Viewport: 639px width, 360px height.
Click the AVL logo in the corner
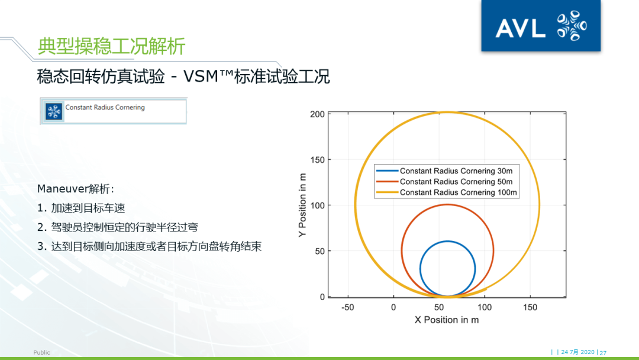pyautogui.click(x=541, y=26)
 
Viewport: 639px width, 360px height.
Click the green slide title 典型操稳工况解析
pyautogui.click(x=111, y=46)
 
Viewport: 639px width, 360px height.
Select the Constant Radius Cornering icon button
pyautogui.click(x=54, y=111)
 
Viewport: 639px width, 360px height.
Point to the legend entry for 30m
pyautogui.click(x=447, y=171)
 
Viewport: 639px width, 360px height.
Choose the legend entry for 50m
pyautogui.click(x=447, y=182)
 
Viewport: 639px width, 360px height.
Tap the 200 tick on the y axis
pyautogui.click(x=317, y=114)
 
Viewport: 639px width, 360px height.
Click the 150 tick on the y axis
pyautogui.click(x=317, y=160)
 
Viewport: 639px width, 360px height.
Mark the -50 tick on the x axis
pyautogui.click(x=347, y=307)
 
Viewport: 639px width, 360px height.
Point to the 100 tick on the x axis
pyautogui.click(x=485, y=307)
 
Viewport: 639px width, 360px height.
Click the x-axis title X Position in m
pyautogui.click(x=447, y=320)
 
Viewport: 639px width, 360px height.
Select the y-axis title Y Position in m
pyautogui.click(x=303, y=205)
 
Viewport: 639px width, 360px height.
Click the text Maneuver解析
pyautogui.click(x=75, y=189)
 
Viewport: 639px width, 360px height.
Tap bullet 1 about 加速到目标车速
pyautogui.click(x=81, y=208)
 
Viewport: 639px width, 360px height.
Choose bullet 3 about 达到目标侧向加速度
pyautogui.click(x=149, y=246)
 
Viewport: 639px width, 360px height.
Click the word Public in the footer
pyautogui.click(x=42, y=352)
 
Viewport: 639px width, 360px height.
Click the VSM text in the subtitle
pyautogui.click(x=209, y=76)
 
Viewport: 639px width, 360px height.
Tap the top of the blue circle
pyautogui.click(x=447, y=242)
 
